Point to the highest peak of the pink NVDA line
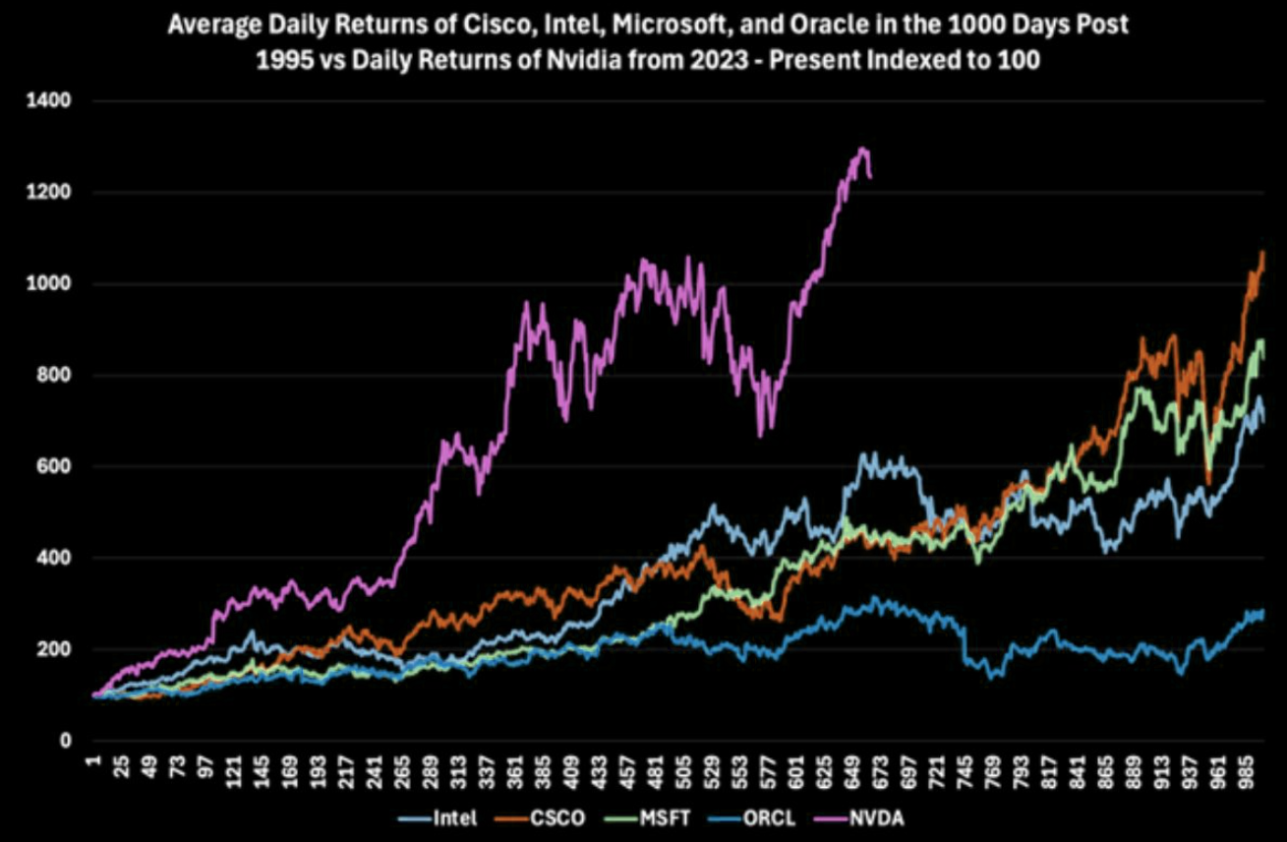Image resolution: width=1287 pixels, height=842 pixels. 862,150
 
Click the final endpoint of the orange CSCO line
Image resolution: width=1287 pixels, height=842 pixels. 1263,253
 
